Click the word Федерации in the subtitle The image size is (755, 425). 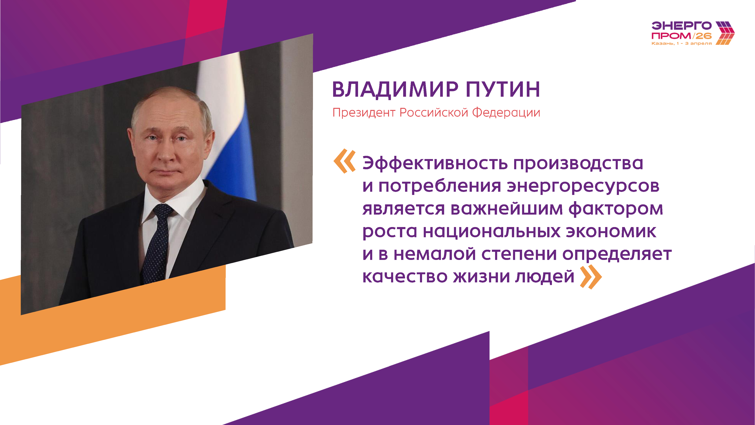(x=506, y=113)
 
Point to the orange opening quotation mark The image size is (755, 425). (x=345, y=161)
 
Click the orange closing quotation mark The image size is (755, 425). (x=591, y=277)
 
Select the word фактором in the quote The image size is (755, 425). (x=616, y=209)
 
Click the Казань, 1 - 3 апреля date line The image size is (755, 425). (x=681, y=43)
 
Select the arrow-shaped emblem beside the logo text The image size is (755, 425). (x=725, y=33)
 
